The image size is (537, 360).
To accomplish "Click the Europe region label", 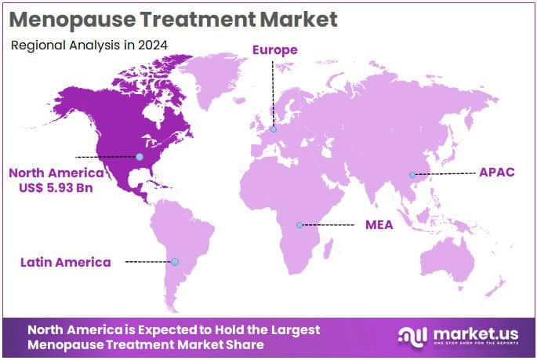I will coord(275,49).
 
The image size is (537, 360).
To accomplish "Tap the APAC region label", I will coord(497,172).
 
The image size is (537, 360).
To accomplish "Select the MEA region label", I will coord(379,225).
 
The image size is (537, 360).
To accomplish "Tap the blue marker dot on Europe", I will coord(274,129).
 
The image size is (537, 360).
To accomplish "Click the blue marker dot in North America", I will coord(140,157).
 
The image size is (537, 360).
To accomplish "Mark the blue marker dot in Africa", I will coord(299,226).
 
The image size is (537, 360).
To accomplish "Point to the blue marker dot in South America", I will coord(175,262).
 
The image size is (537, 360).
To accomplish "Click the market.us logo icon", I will coord(412,336).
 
